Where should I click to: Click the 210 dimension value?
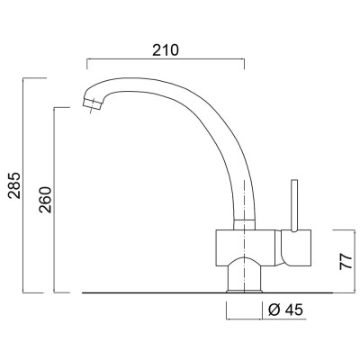coord(165,49)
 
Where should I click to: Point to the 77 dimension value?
coord(343,262)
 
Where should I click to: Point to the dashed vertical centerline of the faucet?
coord(244,180)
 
